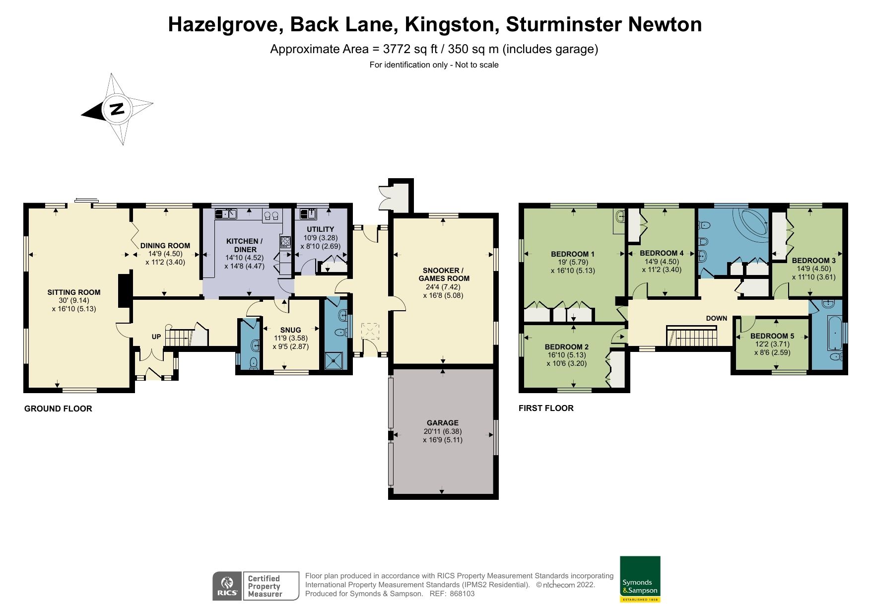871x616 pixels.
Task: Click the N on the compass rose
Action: (117, 108)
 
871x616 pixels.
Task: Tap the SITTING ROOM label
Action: (74, 292)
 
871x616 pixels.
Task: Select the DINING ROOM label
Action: (165, 245)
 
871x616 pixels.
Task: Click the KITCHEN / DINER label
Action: (244, 245)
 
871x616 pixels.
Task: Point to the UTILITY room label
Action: (320, 229)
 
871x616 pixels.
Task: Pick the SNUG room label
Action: (290, 330)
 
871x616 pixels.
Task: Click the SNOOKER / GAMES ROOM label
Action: (443, 274)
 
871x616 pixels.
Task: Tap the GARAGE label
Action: (442, 423)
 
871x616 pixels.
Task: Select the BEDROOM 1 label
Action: (572, 254)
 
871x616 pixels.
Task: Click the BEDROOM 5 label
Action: (772, 336)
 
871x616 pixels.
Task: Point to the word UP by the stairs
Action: (156, 337)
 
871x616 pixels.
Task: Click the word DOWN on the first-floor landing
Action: (716, 319)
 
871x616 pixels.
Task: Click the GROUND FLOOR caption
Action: (58, 409)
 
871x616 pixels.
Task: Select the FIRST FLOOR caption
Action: (546, 408)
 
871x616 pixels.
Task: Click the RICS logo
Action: (227, 586)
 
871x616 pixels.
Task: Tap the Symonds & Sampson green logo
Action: (640, 579)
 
